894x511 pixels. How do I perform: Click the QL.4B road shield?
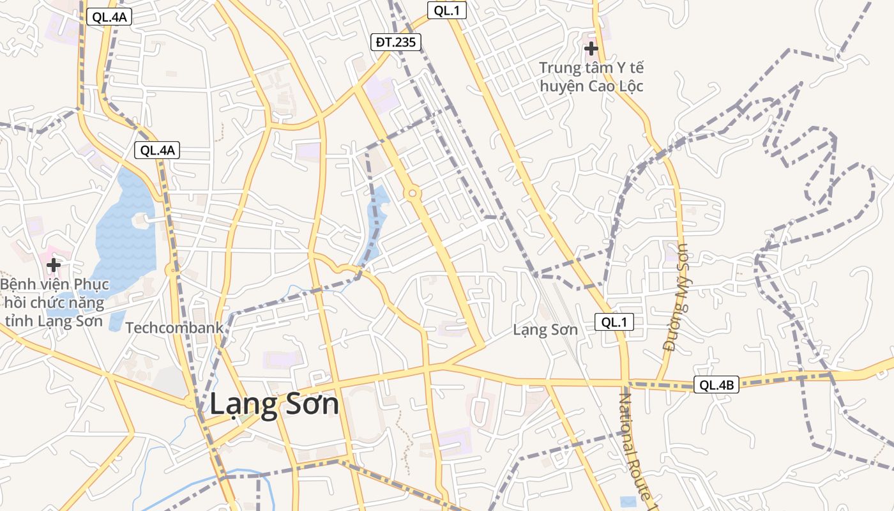click(x=716, y=385)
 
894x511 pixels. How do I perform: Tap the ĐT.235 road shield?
click(x=396, y=43)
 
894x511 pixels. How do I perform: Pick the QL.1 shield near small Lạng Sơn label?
click(x=614, y=323)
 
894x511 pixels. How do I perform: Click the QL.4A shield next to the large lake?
click(x=157, y=151)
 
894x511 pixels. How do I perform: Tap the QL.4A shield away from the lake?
click(x=109, y=17)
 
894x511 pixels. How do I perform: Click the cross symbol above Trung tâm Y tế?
click(x=591, y=48)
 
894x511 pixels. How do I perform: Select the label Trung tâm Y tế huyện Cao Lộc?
click(x=591, y=77)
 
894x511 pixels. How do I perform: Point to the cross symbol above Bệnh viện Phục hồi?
click(x=54, y=264)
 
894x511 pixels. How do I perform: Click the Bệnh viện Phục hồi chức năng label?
click(x=54, y=302)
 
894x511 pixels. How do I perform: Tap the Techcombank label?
click(x=174, y=328)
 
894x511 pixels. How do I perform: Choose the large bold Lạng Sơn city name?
click(x=274, y=404)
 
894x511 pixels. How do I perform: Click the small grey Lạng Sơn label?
click(x=545, y=330)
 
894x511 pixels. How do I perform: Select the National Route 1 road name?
click(x=635, y=447)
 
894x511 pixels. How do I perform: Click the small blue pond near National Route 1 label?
click(x=628, y=501)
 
